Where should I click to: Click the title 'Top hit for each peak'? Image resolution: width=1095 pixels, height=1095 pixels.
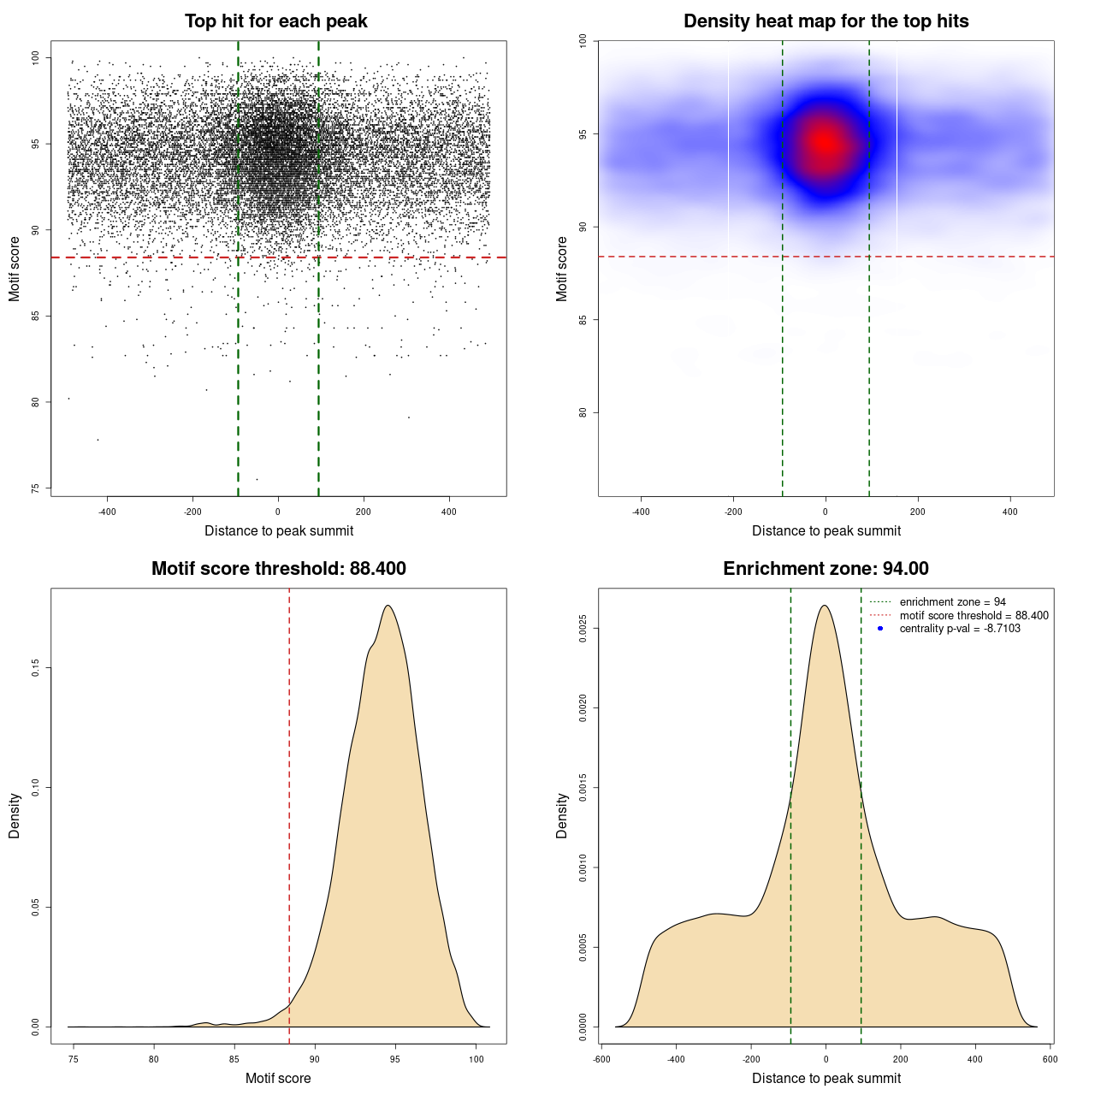tap(275, 21)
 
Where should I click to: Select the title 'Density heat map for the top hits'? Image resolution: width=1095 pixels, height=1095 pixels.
tap(826, 21)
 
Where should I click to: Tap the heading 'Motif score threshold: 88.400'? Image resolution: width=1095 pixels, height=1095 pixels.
tap(278, 569)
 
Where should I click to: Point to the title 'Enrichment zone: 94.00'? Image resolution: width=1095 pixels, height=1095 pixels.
tap(826, 569)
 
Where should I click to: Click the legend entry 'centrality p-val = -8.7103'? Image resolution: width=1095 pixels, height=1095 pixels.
tap(960, 629)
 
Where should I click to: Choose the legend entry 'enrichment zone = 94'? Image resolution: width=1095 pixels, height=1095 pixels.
tap(952, 602)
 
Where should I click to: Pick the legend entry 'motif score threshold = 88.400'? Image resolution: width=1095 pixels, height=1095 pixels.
tap(974, 616)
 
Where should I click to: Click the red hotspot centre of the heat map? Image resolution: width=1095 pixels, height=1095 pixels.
tap(825, 143)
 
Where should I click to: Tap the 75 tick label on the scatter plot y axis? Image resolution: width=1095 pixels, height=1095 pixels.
tap(35, 488)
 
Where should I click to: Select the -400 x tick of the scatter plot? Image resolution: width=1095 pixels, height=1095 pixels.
tap(107, 512)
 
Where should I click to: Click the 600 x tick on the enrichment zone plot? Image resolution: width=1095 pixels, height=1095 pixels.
tap(1050, 1059)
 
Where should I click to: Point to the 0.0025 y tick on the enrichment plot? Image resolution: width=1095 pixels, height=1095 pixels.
tap(583, 629)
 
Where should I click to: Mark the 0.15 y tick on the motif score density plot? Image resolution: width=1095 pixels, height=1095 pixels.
tap(35, 667)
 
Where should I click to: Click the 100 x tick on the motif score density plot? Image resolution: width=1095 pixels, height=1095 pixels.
tap(476, 1059)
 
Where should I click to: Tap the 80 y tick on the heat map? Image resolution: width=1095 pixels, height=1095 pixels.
tap(583, 412)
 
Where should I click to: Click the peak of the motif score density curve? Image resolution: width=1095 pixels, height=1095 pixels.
tap(388, 606)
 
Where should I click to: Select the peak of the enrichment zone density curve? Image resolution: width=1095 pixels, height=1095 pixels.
tap(825, 606)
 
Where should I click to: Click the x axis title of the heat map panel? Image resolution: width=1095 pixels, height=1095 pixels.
tap(826, 531)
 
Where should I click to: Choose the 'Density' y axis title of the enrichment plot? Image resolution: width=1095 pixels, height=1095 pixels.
tap(562, 815)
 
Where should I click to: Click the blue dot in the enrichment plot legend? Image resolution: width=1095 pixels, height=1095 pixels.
tap(879, 629)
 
